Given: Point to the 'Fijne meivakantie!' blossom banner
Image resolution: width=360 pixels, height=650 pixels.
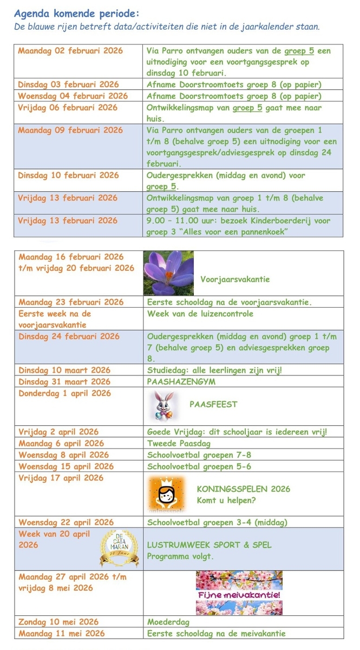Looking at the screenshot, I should (x=239, y=593).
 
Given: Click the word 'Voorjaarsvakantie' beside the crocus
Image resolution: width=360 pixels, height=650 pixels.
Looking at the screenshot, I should (x=235, y=279).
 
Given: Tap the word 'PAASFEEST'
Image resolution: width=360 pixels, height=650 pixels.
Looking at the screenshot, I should (x=213, y=404).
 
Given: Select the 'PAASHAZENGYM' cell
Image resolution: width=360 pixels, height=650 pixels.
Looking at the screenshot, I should (x=173, y=381).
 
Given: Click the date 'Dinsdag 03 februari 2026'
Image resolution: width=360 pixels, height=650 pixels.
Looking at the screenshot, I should (x=68, y=84).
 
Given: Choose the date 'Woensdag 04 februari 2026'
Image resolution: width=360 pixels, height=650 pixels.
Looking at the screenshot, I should (x=73, y=96).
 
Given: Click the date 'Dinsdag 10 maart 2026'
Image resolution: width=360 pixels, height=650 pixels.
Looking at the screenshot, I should (x=64, y=370).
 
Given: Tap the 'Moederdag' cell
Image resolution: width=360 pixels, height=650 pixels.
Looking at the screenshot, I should (x=168, y=622).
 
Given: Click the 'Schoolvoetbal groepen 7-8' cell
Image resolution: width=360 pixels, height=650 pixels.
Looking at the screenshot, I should (x=199, y=454).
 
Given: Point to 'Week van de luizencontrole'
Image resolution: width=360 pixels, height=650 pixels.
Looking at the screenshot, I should (x=200, y=313).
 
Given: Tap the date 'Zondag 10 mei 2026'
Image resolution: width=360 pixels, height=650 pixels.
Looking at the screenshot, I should (x=58, y=622).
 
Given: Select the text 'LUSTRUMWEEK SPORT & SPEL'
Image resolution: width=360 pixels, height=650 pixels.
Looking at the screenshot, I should (x=210, y=545).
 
